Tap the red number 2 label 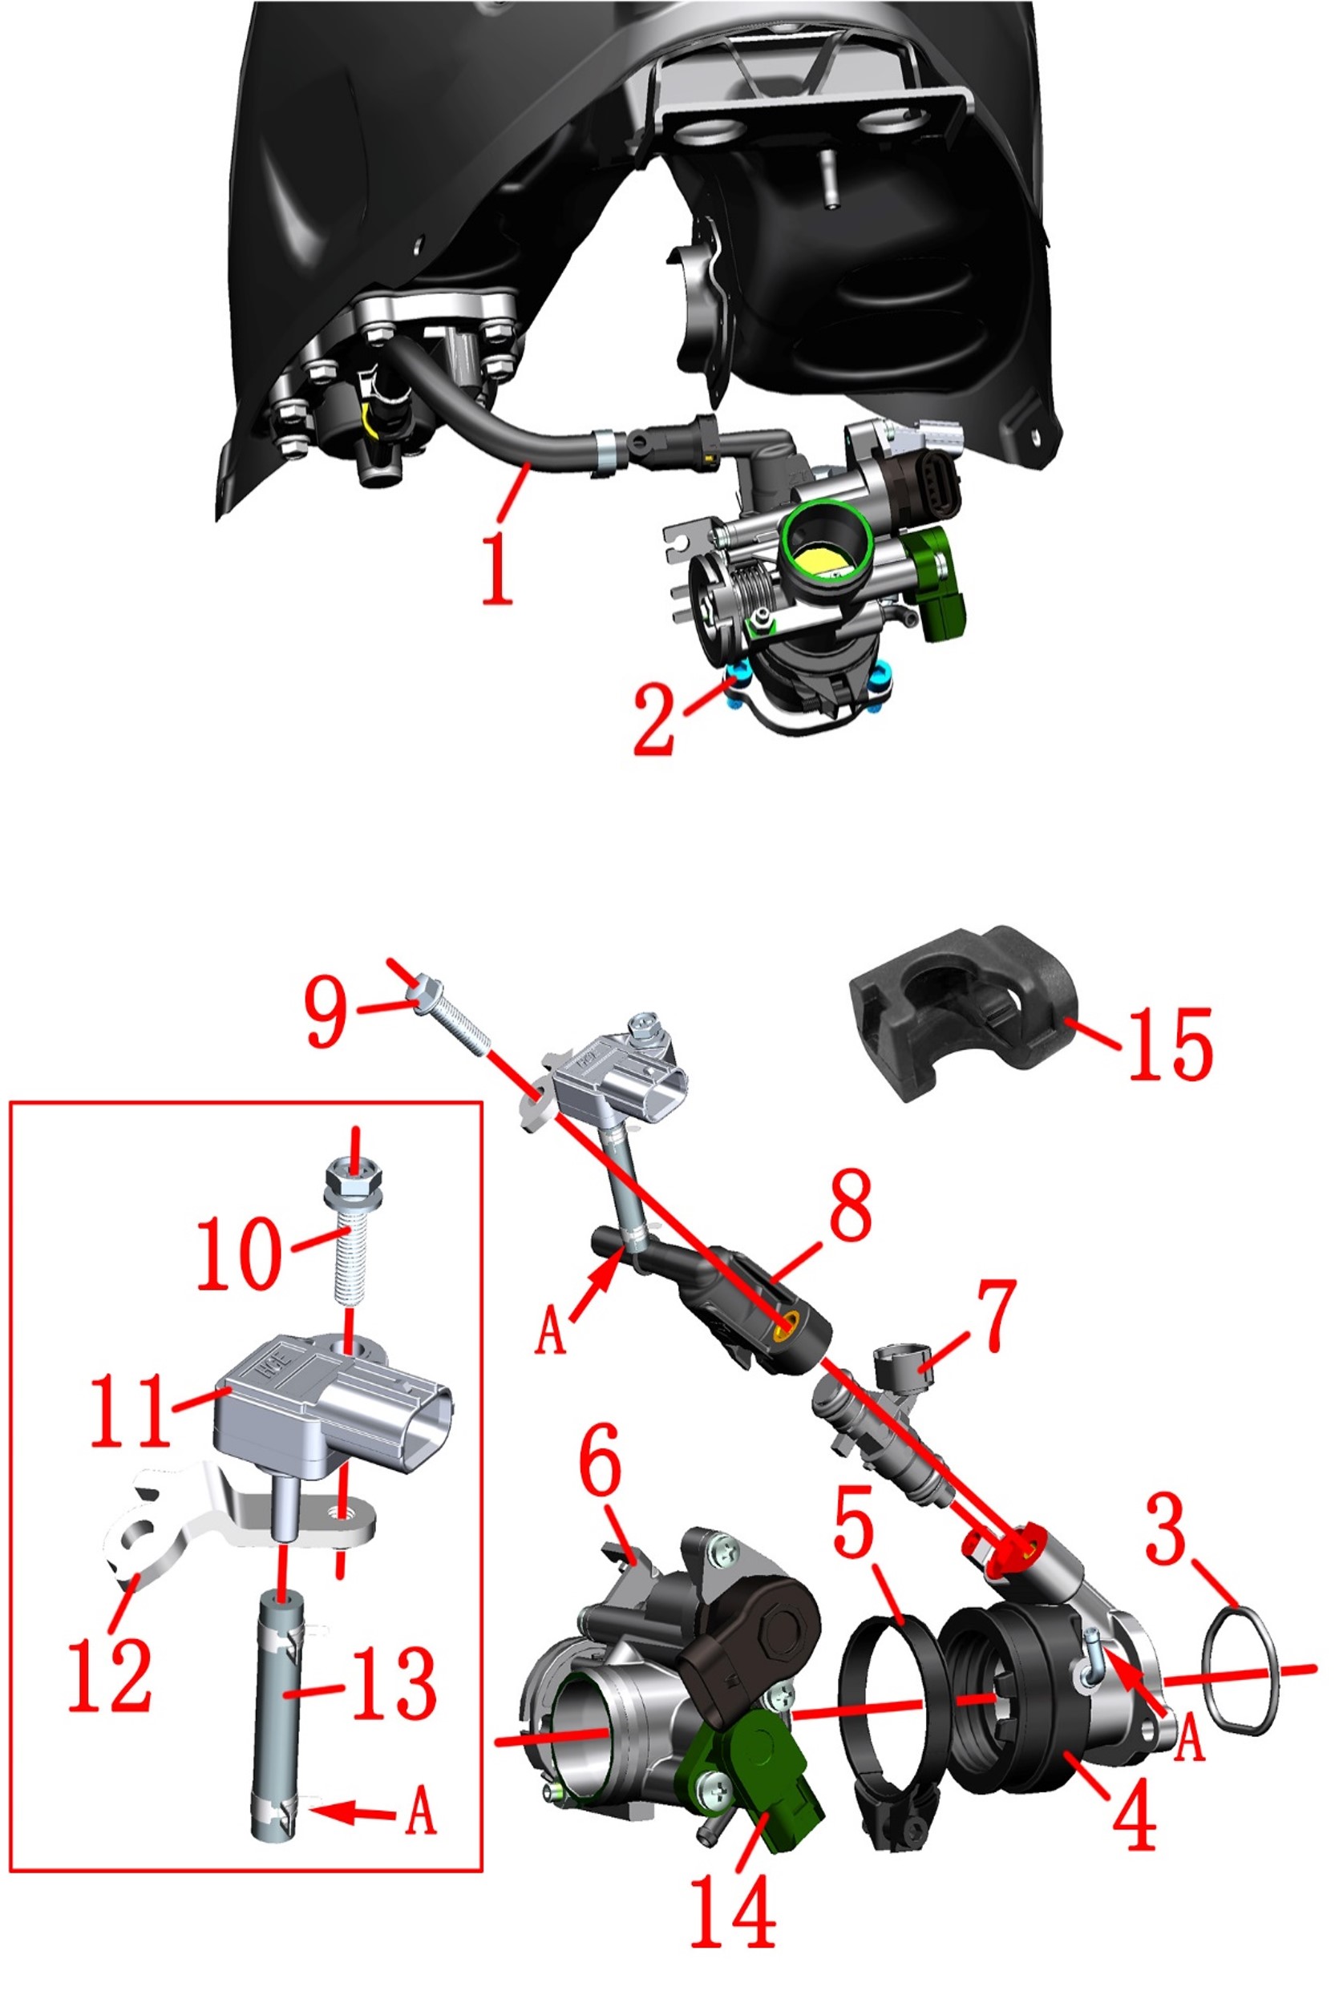click(x=653, y=717)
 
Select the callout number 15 click(x=1170, y=1043)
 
